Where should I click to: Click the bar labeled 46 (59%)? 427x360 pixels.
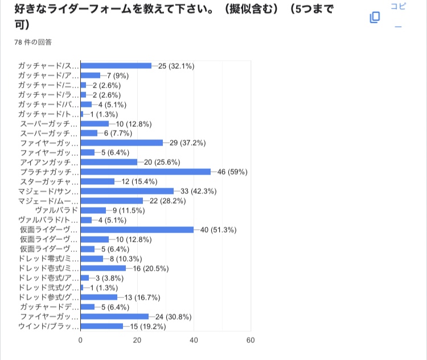point(146,172)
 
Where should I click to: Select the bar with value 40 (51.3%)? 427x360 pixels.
point(137,230)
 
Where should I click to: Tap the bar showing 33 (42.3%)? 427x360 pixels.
point(127,191)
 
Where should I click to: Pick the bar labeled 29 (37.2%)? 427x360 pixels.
point(122,143)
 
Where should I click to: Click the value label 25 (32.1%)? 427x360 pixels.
point(176,66)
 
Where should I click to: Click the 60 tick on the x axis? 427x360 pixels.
point(250,340)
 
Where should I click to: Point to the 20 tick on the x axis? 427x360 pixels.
point(137,340)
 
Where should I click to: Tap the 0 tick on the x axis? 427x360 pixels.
point(81,340)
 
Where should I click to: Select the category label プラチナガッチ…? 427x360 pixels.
point(50,172)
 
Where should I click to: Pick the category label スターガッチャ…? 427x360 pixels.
point(50,181)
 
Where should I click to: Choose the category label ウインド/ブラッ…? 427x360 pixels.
point(50,326)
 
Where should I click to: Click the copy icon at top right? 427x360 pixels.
point(375,18)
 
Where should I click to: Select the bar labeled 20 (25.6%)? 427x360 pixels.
point(109,162)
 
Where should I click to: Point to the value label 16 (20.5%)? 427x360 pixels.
point(151,268)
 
